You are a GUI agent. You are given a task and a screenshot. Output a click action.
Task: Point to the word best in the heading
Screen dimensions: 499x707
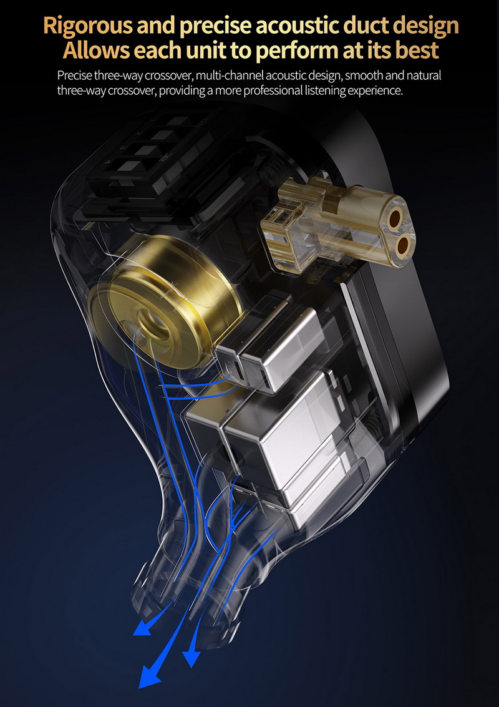[x=417, y=50]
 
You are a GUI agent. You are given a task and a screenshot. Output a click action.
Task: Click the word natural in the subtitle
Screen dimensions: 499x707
[x=424, y=75]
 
